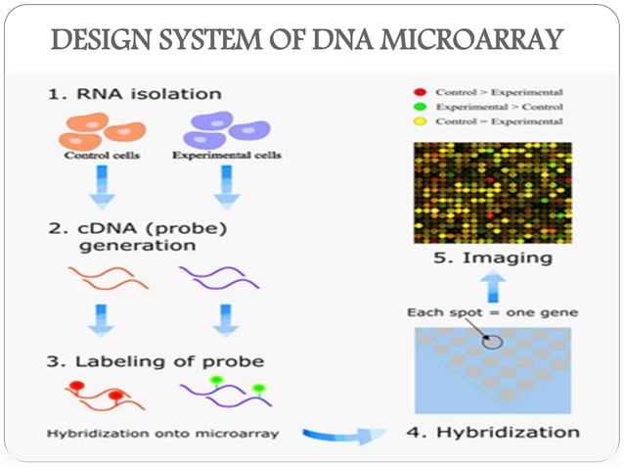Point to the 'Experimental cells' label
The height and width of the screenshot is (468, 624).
click(x=227, y=155)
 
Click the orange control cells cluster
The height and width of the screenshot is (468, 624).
click(x=102, y=129)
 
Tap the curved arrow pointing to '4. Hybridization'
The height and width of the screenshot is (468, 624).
click(x=337, y=434)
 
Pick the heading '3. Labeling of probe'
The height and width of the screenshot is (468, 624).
click(x=155, y=361)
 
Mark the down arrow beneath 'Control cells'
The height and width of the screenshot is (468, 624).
click(x=102, y=187)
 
